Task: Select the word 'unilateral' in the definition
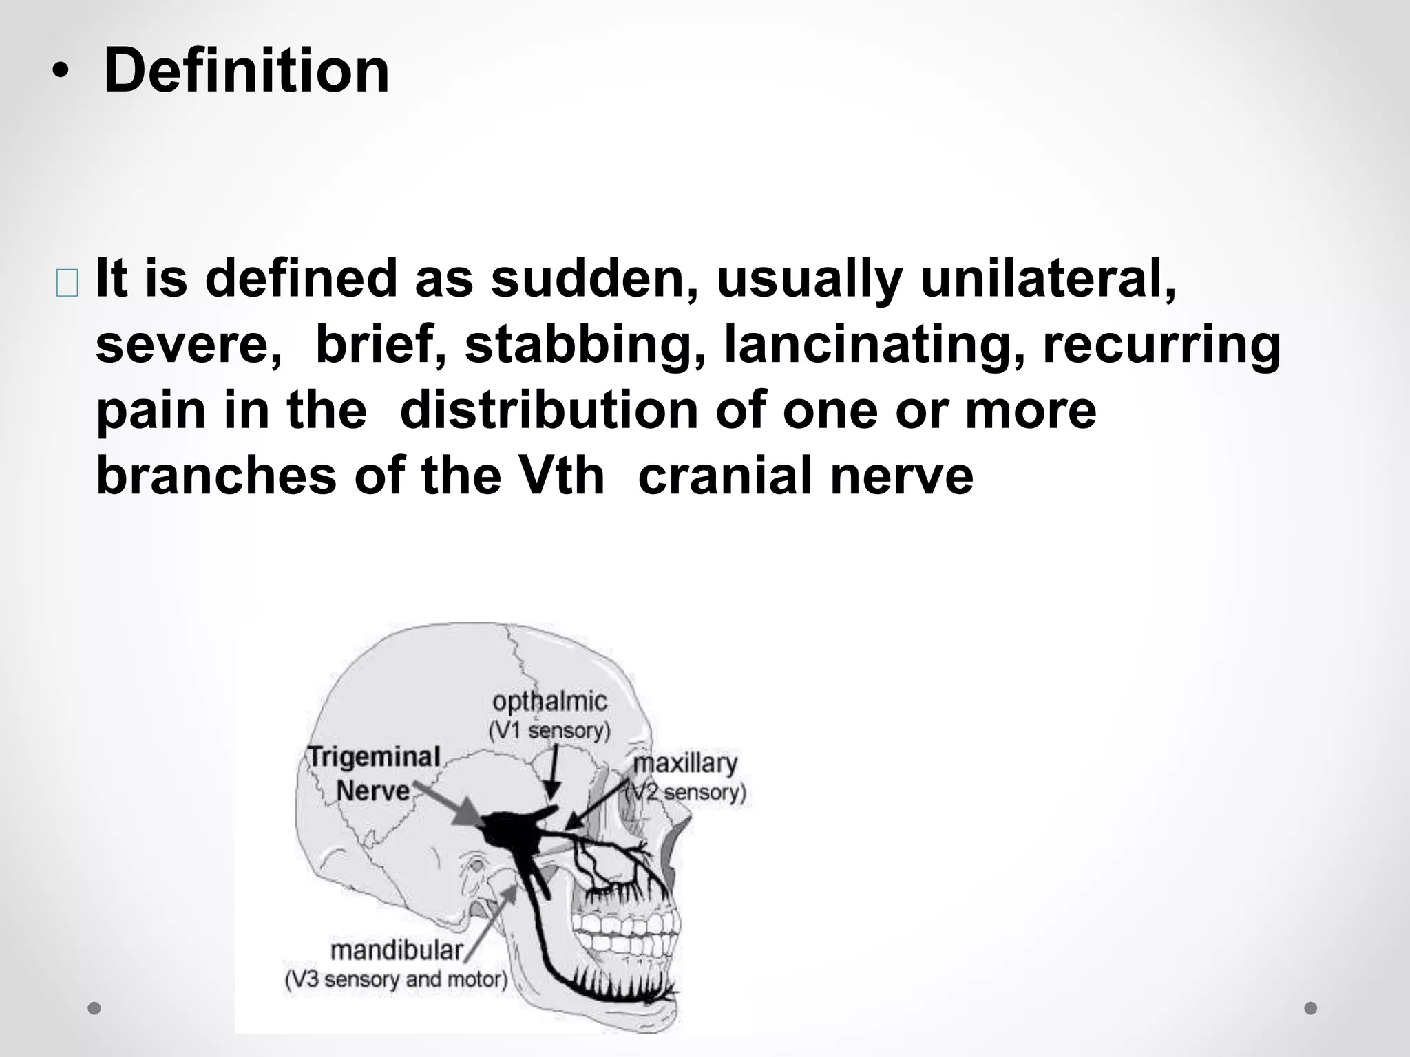(x=1046, y=279)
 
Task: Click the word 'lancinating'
(x=874, y=344)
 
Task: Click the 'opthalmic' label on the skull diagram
(x=549, y=702)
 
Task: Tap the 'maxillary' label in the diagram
(x=685, y=763)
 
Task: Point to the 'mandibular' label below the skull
(x=397, y=950)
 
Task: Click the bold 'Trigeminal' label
(x=374, y=757)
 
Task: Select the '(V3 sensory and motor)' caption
(x=396, y=979)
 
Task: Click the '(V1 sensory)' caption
(x=549, y=730)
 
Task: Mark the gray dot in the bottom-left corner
(x=94, y=1008)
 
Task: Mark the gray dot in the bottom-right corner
(x=1311, y=1008)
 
